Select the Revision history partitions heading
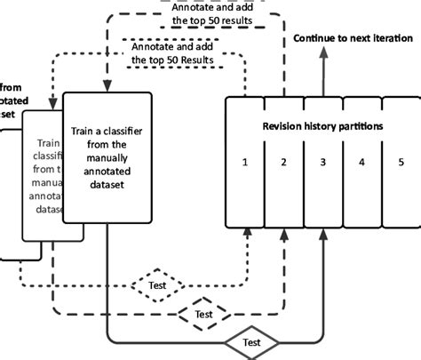(323, 126)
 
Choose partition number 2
(282, 163)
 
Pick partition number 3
(322, 163)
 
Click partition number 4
(361, 163)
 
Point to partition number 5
(401, 163)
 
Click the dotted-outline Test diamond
(158, 286)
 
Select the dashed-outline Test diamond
(203, 313)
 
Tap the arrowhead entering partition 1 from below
(247, 233)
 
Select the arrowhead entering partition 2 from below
(283, 233)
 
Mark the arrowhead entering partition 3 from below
(323, 233)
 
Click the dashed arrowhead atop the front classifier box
(107, 87)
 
